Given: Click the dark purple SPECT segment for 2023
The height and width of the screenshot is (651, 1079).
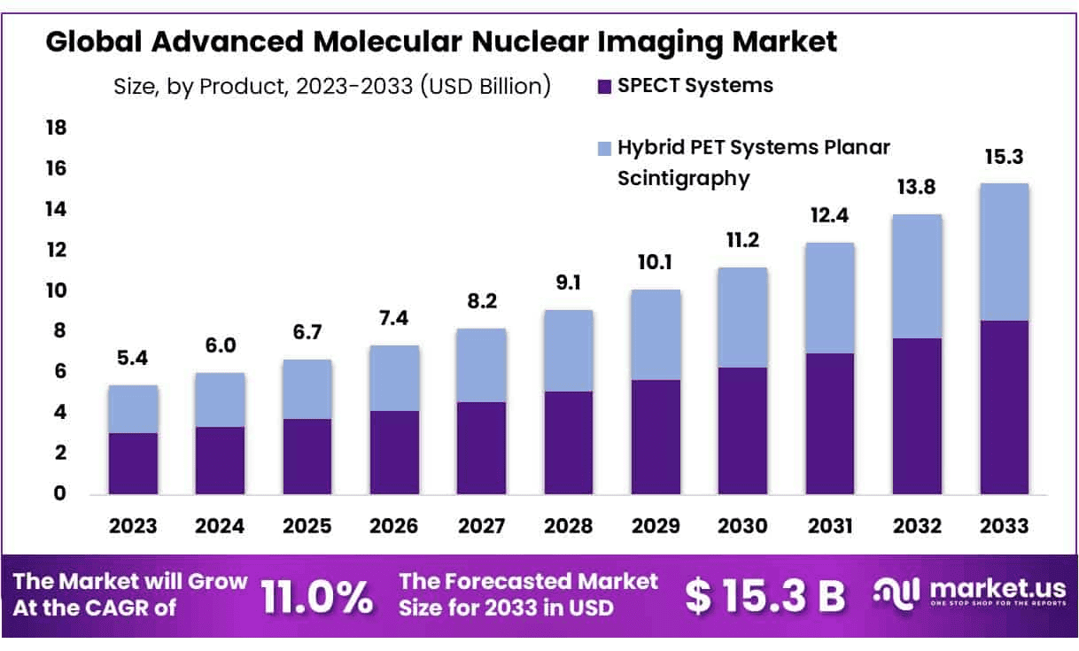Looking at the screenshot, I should click(x=133, y=462).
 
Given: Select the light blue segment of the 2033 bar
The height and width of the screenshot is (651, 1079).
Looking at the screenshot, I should click(x=1004, y=252).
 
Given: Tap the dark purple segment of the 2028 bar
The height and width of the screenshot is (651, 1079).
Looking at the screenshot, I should click(x=568, y=442).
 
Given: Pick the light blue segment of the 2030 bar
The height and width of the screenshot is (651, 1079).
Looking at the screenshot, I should click(x=742, y=317).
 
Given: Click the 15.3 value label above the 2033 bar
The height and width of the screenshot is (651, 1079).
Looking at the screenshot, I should click(x=1004, y=158).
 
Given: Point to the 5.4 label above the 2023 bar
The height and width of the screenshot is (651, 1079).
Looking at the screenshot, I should click(x=133, y=360).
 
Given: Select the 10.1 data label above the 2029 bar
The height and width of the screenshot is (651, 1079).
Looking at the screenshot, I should click(x=655, y=264).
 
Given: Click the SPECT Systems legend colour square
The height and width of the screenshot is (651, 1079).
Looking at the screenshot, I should click(x=605, y=87).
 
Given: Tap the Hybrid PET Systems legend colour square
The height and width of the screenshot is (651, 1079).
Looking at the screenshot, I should click(x=605, y=148).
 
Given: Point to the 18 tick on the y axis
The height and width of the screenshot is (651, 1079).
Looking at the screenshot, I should click(x=56, y=128).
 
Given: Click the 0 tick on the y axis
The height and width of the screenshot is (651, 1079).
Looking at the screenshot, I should click(x=60, y=493).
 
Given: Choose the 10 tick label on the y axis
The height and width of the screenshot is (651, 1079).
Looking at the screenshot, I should click(x=56, y=291).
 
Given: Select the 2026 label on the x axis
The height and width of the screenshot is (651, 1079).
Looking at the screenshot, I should click(x=394, y=526).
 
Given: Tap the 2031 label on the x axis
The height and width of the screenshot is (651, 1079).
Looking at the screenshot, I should click(x=830, y=526).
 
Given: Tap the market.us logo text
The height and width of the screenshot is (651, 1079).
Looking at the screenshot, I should click(x=993, y=590).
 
